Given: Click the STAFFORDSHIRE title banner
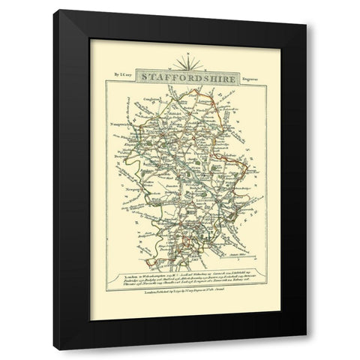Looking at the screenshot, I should (180, 77).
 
